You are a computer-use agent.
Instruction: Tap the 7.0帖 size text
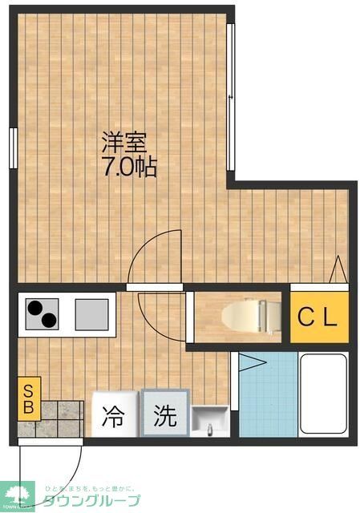coord(128,169)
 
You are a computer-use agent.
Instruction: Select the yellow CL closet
coord(319,316)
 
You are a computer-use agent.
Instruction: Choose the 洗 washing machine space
coord(164,415)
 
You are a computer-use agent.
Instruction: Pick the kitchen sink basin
coord(92,313)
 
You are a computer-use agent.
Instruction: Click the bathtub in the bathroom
coord(323,395)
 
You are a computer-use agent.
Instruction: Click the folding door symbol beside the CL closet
coord(338,268)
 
